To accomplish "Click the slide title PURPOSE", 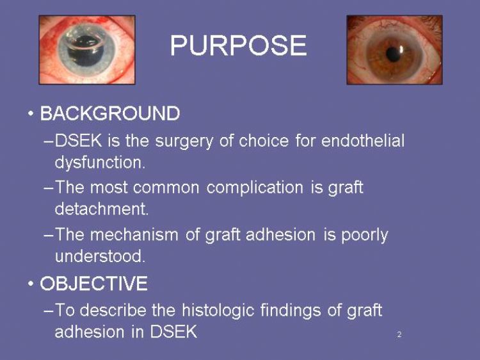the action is click(239, 45).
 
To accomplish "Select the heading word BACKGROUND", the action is click(110, 113).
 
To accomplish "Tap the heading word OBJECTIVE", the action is click(93, 283).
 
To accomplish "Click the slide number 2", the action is click(399, 334).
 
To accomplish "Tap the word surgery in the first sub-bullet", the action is click(184, 142).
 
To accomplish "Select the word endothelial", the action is click(363, 141).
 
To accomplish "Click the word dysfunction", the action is click(100, 162).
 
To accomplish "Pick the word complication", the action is click(255, 188).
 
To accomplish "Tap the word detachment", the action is click(102, 209).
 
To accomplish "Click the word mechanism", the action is click(134, 234).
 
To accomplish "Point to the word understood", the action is click(100, 256).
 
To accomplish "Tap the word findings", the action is click(291, 311).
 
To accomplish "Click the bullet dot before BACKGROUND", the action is click(30, 113).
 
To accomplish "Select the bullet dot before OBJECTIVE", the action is click(30, 283).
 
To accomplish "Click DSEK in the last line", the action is click(173, 332).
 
